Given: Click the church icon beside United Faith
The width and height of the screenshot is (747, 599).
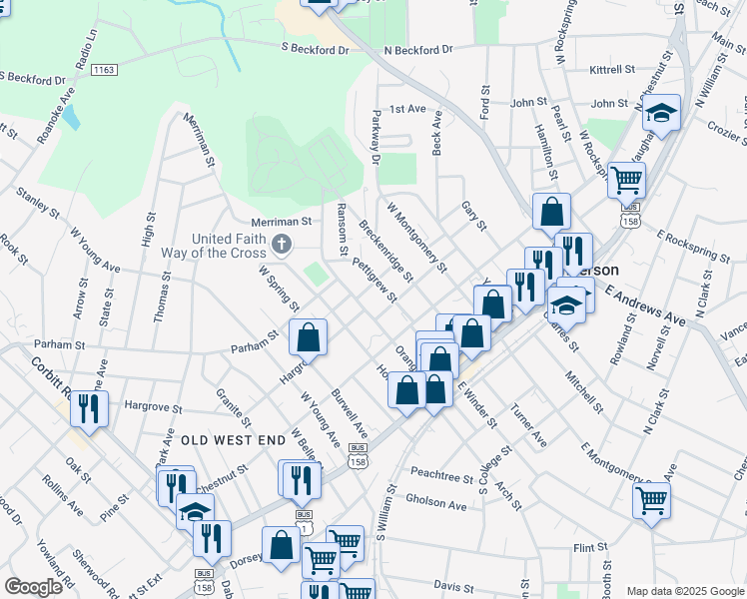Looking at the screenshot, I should [283, 243].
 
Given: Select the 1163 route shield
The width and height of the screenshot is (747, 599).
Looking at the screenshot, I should [103, 70].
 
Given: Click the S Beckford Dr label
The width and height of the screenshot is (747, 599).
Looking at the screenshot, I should [315, 48].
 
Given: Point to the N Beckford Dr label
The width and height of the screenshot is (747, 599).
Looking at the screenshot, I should [418, 49].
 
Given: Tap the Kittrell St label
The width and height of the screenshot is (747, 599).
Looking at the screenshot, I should [612, 70].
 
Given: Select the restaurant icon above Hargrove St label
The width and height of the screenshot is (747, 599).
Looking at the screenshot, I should [90, 409].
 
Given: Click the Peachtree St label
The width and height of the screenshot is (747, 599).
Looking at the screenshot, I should [441, 477].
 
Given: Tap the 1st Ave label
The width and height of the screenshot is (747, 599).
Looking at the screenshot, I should [407, 109].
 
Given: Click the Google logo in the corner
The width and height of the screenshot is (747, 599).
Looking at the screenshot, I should [34, 587].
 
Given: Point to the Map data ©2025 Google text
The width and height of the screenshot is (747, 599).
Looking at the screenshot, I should [684, 591].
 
